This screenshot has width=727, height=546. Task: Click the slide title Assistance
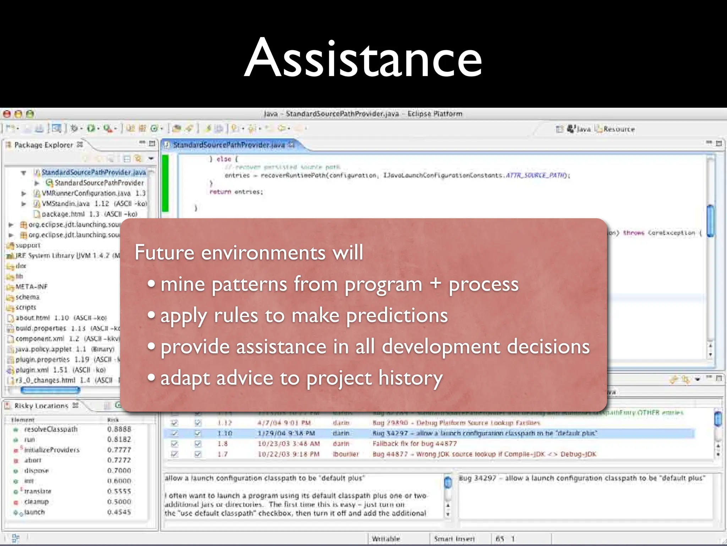tap(363, 58)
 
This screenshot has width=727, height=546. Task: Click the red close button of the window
tap(7, 114)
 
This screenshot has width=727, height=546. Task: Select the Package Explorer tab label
tap(43, 145)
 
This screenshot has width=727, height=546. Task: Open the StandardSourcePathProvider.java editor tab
tap(229, 145)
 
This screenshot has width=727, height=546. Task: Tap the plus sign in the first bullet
tap(435, 284)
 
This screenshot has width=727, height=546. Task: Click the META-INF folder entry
tap(31, 287)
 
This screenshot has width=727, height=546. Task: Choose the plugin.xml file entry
tap(32, 370)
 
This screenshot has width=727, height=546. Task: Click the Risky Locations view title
tap(41, 406)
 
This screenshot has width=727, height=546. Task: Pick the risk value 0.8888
tap(119, 429)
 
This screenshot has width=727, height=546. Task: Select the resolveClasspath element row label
tap(51, 429)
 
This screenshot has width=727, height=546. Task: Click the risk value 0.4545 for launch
tap(119, 512)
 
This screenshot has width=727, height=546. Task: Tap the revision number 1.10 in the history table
tap(225, 433)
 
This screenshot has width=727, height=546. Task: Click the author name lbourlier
tap(346, 454)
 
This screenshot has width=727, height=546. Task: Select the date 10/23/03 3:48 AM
tap(289, 444)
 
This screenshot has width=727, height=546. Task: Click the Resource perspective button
tap(619, 129)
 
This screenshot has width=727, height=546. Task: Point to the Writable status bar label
tap(386, 539)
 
